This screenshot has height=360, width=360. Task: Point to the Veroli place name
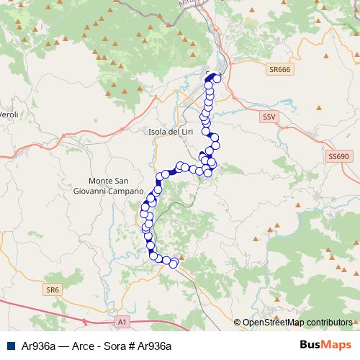pyautogui.click(x=9, y=114)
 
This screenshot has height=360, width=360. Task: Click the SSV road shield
pyautogui.click(x=269, y=115)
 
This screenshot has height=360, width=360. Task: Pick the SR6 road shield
pyautogui.click(x=52, y=289)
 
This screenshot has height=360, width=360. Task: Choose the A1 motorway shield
pyautogui.click(x=122, y=321)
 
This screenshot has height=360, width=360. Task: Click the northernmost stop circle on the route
pyautogui.click(x=215, y=76)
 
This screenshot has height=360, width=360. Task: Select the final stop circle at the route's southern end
pyautogui.click(x=173, y=263)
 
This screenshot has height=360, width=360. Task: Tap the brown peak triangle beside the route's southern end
pyautogui.click(x=181, y=256)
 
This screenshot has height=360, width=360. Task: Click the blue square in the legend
pyautogui.click(x=9, y=346)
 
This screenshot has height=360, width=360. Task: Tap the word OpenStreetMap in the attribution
pyautogui.click(x=272, y=323)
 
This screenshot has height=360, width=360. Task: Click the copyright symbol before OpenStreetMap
pyautogui.click(x=238, y=323)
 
